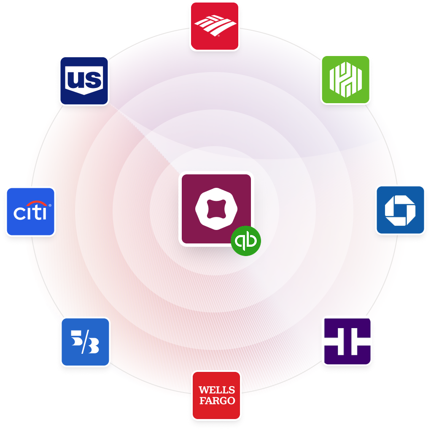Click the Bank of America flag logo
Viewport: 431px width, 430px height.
tap(215, 26)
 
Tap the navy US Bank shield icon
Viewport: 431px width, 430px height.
tap(84, 80)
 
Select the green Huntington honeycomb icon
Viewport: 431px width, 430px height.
tap(345, 80)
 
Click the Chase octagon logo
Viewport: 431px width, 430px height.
tap(400, 210)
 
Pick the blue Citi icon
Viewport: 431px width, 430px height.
tap(30, 211)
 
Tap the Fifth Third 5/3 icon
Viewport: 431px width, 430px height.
tap(85, 342)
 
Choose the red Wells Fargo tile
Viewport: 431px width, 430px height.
tap(216, 395)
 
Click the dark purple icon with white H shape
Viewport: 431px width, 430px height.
tap(347, 341)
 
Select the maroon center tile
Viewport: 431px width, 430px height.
tap(216, 209)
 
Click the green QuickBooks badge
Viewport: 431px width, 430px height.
tap(246, 241)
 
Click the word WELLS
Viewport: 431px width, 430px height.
tap(216, 390)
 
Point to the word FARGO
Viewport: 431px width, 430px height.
tap(216, 400)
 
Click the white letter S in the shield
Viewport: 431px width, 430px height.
tap(93, 79)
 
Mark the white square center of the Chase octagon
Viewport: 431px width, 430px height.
tap(400, 210)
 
